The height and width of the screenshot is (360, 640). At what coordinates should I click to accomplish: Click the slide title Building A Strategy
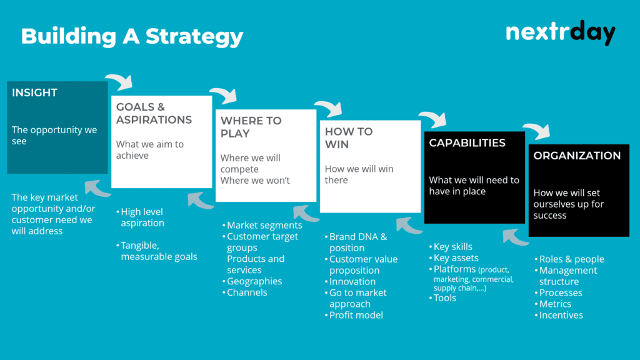click(132, 36)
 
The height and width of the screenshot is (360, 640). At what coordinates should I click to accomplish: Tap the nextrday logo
click(560, 32)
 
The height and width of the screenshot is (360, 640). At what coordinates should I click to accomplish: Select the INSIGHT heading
click(34, 92)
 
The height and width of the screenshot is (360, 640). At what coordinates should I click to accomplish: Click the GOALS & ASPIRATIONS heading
click(154, 113)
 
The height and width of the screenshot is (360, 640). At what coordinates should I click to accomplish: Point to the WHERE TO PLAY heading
click(251, 127)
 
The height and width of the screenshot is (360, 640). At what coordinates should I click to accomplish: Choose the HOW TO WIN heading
click(348, 137)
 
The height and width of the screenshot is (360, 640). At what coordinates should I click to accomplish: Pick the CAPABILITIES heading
click(467, 142)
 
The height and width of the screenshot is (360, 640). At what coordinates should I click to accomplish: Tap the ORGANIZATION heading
click(577, 156)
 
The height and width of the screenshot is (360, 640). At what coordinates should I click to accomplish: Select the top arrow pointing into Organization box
click(536, 131)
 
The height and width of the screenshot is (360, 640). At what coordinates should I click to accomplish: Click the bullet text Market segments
click(264, 225)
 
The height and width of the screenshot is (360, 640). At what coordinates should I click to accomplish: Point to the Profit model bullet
click(356, 315)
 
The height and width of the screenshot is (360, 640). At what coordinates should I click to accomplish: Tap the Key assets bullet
click(456, 257)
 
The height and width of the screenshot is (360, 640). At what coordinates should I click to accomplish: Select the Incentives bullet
click(561, 315)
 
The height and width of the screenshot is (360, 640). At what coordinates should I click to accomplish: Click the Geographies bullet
click(254, 281)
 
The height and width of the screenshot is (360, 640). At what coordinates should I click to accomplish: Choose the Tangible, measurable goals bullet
click(159, 251)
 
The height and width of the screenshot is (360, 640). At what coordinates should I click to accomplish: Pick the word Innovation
click(352, 281)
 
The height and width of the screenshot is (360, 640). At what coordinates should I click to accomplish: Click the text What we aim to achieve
click(150, 149)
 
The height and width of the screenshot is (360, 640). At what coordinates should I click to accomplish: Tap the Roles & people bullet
click(571, 259)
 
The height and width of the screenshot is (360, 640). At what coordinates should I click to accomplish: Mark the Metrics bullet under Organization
click(555, 304)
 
